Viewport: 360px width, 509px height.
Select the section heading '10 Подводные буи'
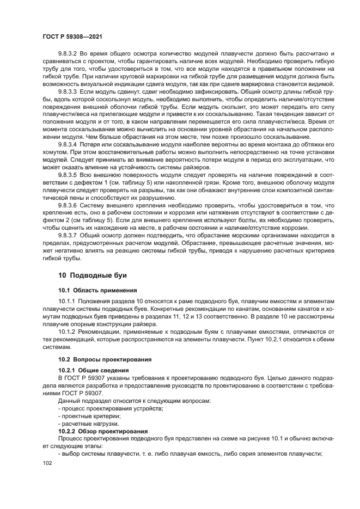pyautogui.click(x=89, y=275)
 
